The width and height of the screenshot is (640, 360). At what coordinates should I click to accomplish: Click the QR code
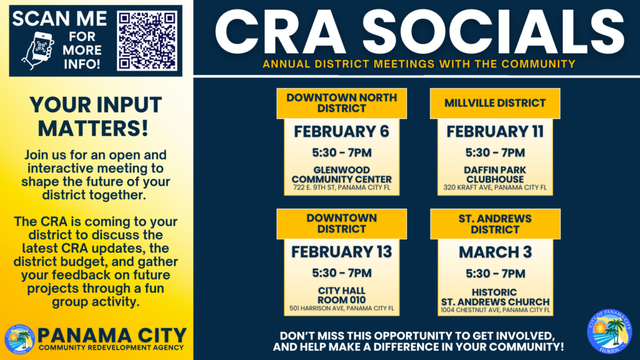pos(147,41)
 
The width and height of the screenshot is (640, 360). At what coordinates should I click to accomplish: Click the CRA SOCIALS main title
pos(419,32)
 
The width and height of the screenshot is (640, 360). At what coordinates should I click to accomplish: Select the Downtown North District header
pos(342,103)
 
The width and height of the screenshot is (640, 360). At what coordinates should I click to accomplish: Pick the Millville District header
pos(495,103)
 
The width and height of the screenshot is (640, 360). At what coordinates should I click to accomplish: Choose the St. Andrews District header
pos(495,224)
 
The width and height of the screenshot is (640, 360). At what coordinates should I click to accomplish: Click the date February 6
pos(342,132)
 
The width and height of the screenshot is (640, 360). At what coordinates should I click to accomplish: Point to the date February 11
pos(495,132)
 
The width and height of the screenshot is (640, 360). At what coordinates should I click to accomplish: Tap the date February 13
pos(342,252)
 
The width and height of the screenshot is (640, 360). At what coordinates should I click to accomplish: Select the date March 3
pos(496,252)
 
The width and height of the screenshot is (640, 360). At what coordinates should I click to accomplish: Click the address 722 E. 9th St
pos(342,187)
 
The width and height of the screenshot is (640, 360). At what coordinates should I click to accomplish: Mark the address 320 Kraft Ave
pos(495,187)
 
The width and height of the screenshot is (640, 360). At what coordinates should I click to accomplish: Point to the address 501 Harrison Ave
pos(342,309)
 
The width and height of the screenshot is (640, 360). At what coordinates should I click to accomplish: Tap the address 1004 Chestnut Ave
pos(496,310)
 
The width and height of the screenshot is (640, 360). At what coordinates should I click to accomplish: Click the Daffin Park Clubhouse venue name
pos(495,175)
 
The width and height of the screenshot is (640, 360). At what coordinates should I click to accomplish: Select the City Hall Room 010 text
pos(342,295)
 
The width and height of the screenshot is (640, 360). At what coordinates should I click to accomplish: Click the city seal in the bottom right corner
pos(609,331)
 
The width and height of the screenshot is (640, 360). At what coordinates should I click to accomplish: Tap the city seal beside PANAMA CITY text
pos(19,339)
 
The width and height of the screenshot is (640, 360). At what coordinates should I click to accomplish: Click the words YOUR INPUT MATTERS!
pos(96,117)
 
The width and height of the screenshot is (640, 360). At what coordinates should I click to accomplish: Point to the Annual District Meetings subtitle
pos(419,64)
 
